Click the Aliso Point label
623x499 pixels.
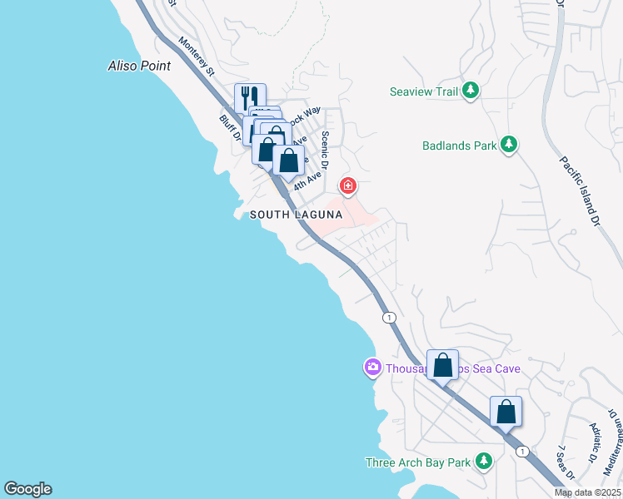pos(140,66)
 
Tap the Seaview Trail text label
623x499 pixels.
pos(424,91)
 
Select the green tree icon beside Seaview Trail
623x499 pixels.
pos(471,90)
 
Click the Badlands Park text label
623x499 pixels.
pos(457,146)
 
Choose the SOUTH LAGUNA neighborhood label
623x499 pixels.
pos(297,215)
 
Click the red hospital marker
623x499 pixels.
pos(346,185)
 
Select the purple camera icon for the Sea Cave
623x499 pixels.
pos(372,367)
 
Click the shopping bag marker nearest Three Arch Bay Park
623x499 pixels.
pos(506,411)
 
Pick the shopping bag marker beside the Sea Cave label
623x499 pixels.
pos(442,364)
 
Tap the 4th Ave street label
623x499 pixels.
pos(307,180)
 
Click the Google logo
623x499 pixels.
pos(27,489)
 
